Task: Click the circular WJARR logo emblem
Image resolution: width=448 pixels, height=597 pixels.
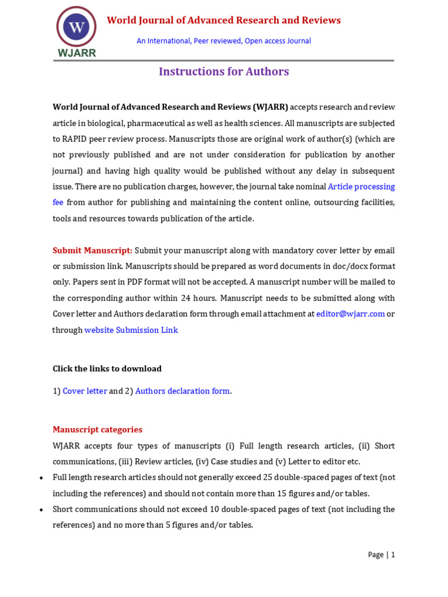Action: [76, 26]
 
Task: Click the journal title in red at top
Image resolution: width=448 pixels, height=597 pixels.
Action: [223, 20]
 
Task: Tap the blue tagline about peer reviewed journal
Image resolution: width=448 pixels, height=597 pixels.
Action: [223, 41]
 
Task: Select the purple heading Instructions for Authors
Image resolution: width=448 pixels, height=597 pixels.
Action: [224, 72]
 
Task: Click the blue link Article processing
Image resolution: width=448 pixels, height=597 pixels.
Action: [361, 187]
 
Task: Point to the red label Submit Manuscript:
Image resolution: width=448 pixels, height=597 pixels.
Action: [92, 250]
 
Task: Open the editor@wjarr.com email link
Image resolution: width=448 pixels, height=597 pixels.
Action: [350, 314]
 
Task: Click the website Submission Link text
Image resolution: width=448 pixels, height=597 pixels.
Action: [131, 330]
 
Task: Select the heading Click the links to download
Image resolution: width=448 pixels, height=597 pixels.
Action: [107, 368]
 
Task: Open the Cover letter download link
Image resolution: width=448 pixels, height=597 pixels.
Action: [85, 391]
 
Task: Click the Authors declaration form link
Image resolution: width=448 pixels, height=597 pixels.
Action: [183, 391]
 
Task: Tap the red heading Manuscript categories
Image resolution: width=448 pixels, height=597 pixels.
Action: [97, 430]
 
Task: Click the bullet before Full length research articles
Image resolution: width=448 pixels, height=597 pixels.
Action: [41, 478]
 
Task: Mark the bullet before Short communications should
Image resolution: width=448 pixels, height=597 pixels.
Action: [41, 510]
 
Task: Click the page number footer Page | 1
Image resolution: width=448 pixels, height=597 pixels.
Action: [381, 555]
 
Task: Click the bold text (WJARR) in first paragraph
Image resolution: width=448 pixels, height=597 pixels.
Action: [271, 107]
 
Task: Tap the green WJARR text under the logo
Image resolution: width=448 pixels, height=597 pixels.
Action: [76, 52]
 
